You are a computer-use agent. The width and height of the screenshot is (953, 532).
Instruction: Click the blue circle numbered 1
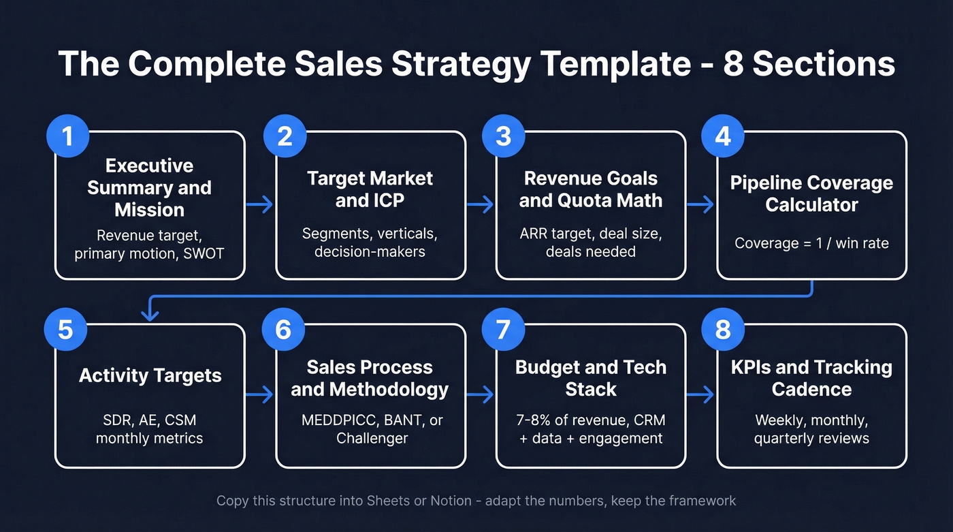pyautogui.click(x=67, y=137)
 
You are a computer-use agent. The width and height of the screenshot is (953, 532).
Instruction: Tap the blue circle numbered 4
pyautogui.click(x=723, y=137)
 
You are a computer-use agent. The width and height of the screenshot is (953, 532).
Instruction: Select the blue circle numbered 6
pyautogui.click(x=283, y=330)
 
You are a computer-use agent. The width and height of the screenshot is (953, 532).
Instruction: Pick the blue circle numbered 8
pyautogui.click(x=723, y=330)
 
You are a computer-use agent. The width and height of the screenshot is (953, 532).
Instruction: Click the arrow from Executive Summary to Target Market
pyautogui.click(x=260, y=204)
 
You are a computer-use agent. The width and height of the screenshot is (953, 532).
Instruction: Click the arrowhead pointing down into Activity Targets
pyautogui.click(x=149, y=314)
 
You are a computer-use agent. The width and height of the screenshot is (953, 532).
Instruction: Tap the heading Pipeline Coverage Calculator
pyautogui.click(x=811, y=193)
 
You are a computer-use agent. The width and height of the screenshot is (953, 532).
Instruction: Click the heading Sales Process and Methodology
pyautogui.click(x=370, y=378)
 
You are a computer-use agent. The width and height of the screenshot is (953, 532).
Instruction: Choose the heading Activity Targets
pyautogui.click(x=150, y=375)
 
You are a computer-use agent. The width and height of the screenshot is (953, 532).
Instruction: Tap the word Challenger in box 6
pyautogui.click(x=372, y=438)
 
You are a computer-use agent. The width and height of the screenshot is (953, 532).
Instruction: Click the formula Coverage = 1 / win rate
pyautogui.click(x=811, y=243)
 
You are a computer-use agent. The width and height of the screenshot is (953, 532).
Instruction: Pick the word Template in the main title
pyautogui.click(x=615, y=63)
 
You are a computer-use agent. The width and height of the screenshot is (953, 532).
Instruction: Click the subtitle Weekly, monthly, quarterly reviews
pyautogui.click(x=811, y=429)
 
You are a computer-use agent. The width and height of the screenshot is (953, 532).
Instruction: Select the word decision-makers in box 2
pyautogui.click(x=370, y=251)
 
